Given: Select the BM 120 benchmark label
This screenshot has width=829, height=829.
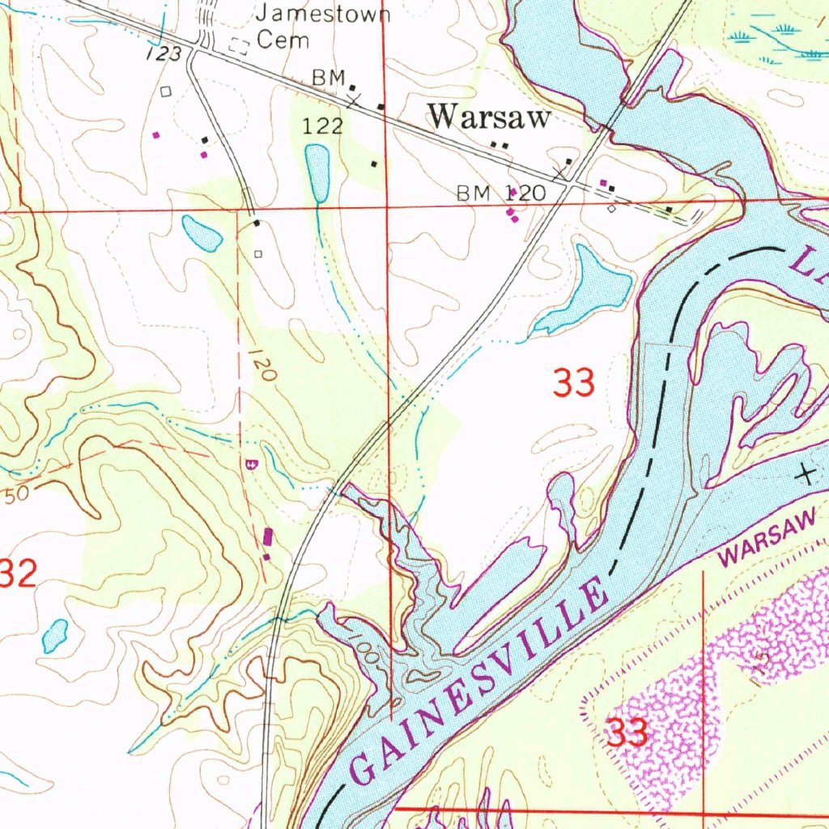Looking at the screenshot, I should pos(500,193).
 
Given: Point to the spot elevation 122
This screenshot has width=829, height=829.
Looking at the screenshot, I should pos(323,125).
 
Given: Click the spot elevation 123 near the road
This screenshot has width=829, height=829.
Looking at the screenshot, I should pos(163,54).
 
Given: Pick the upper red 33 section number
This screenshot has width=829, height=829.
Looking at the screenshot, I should pos(574,382).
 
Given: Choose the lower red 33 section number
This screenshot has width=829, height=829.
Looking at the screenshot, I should pos(627,733).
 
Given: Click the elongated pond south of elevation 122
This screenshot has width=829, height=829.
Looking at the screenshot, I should pos(317,172).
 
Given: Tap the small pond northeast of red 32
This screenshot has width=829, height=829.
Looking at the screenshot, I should pos(55,636).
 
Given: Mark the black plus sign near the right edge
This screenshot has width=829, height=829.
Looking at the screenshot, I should pos(805,474).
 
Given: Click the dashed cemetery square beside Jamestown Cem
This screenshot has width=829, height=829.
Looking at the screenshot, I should pos(239,46).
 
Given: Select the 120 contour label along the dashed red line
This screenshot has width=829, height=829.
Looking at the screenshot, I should pos(263,364).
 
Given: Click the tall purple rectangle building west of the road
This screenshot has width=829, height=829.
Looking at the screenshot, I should pos(268,537).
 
